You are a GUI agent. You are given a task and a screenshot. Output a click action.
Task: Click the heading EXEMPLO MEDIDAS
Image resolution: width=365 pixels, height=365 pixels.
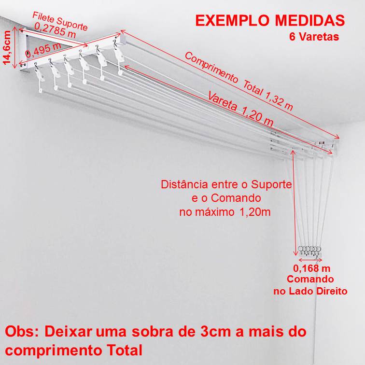point(270,21)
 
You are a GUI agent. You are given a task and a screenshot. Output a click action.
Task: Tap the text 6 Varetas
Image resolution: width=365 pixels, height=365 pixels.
point(314,37)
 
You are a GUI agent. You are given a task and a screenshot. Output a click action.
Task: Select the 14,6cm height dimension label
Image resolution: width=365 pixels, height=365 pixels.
point(7,47)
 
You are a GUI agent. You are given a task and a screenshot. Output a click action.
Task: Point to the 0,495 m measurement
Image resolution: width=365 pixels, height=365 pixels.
point(43,50)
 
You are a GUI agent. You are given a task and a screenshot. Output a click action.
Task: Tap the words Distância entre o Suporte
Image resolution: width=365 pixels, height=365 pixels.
point(226,185)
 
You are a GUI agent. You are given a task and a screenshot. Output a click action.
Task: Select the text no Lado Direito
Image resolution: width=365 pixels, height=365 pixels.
point(310,291)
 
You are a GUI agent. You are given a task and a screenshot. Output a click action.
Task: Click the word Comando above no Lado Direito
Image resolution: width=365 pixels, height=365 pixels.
point(310,279)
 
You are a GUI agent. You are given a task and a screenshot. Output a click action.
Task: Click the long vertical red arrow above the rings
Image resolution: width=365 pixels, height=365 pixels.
point(295,203)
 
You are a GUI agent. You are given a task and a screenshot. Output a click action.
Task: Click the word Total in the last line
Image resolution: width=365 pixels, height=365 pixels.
point(122,349)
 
